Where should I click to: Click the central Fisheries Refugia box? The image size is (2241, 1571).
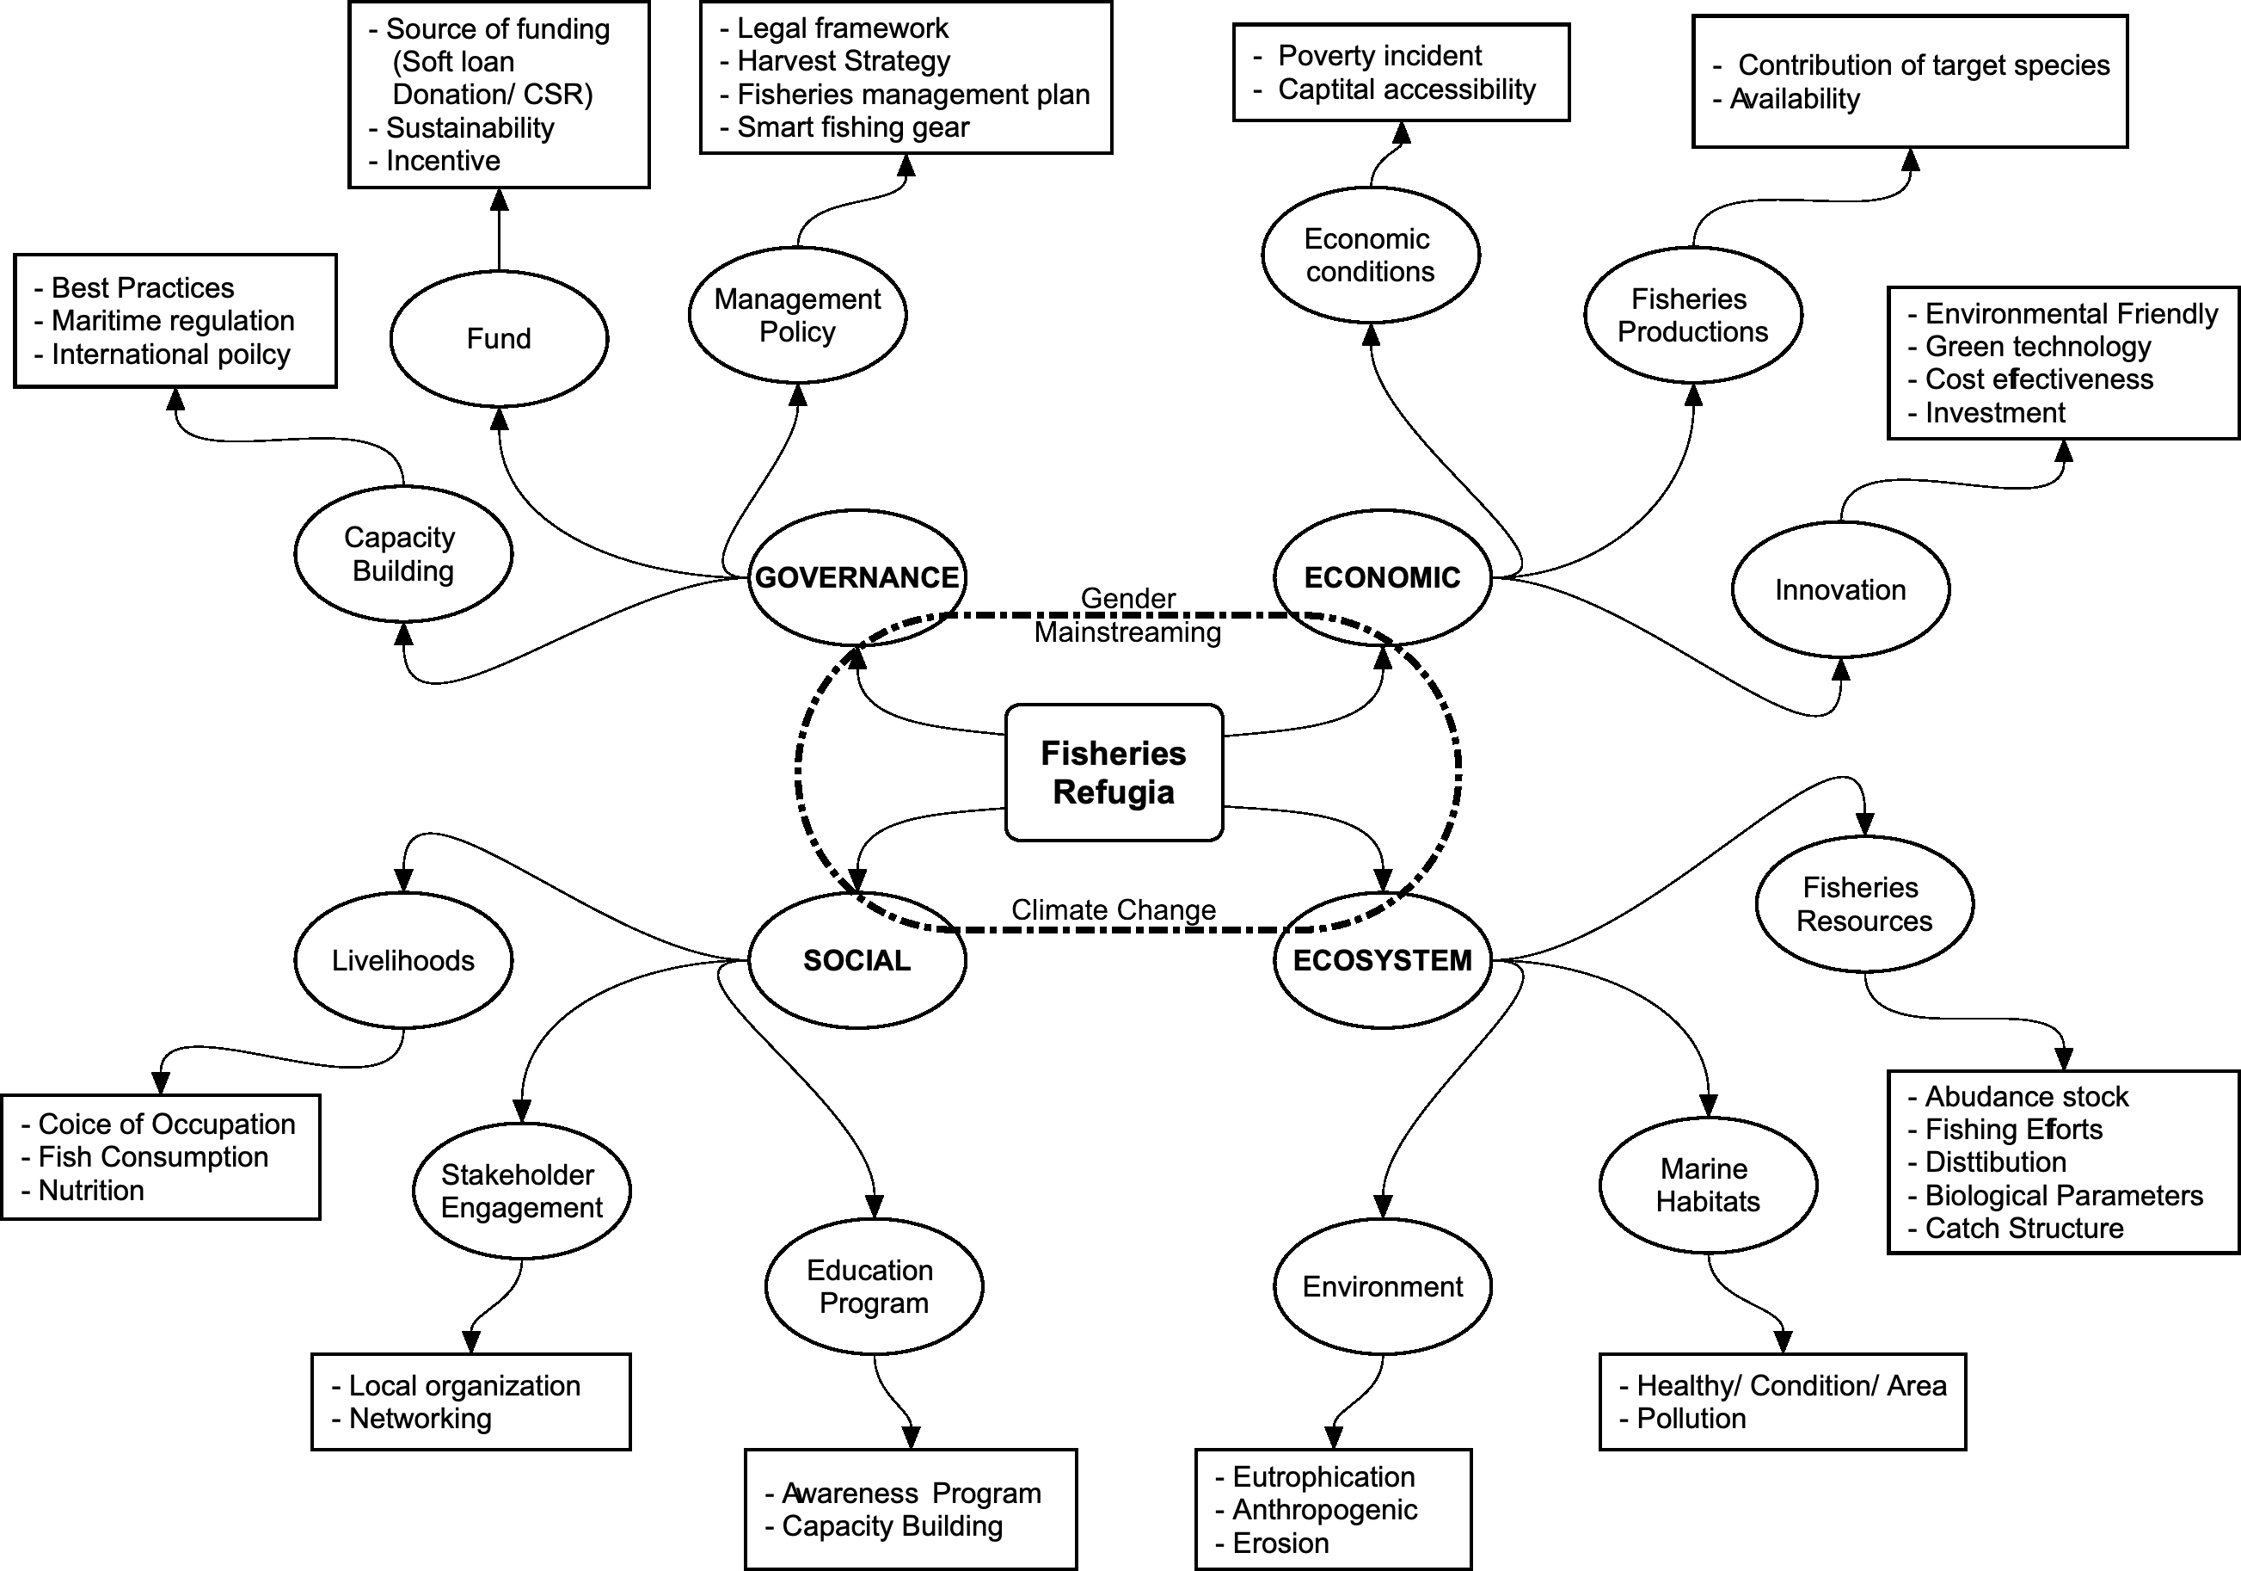(x=1114, y=773)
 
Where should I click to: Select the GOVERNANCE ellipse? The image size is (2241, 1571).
(x=857, y=577)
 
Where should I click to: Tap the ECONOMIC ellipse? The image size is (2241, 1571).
(x=1382, y=577)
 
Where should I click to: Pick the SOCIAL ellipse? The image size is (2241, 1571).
(x=857, y=960)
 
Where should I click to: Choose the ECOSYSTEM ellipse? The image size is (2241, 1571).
(x=1382, y=960)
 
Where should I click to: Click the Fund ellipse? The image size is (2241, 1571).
(x=499, y=339)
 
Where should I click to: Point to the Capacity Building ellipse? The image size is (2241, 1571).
(x=403, y=553)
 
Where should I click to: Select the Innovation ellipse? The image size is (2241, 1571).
(x=1840, y=589)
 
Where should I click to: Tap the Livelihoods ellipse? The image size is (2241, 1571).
(x=403, y=960)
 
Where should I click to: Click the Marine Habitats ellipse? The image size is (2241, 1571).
(x=1708, y=1185)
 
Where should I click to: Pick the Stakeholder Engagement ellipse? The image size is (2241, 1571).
(x=522, y=1192)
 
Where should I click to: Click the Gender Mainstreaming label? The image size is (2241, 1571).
(x=1127, y=615)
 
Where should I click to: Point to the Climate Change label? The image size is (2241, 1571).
(x=1114, y=910)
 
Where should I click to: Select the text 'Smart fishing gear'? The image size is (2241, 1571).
(x=853, y=127)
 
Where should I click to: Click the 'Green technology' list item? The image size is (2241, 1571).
(x=2038, y=347)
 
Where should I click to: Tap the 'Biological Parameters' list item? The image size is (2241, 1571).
(x=2063, y=1195)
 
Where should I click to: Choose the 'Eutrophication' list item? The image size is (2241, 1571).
(x=1323, y=1476)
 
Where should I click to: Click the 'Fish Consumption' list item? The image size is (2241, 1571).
(x=153, y=1157)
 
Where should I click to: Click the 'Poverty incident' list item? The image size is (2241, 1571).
(x=1379, y=56)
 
